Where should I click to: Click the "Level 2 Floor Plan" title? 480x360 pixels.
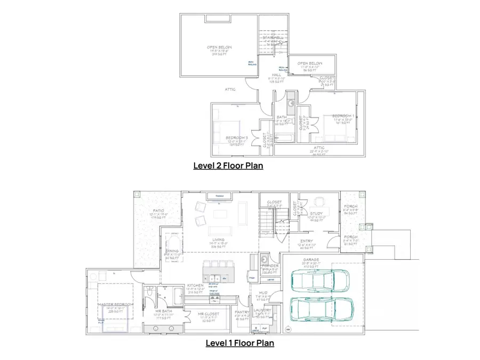coord(228,166)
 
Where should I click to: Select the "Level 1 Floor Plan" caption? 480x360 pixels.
coord(240,343)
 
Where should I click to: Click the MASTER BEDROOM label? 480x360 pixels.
coord(116,304)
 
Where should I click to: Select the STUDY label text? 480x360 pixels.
coord(316,213)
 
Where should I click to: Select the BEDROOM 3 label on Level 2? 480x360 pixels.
coord(235,137)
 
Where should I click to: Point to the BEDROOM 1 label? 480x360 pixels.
coord(343,116)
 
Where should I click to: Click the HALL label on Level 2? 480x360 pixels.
coord(276,75)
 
